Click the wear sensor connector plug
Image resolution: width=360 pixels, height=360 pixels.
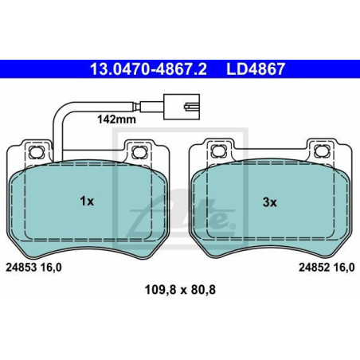point(182,103)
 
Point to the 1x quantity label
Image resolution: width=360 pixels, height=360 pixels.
point(87,202)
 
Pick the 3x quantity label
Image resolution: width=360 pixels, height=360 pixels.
point(269,202)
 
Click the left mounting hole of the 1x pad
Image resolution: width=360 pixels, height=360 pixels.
point(36,151)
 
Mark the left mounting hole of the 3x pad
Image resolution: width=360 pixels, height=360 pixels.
point(217,151)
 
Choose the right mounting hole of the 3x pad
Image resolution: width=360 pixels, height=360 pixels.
point(321,151)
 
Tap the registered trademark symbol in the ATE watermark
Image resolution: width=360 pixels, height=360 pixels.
point(232,226)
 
